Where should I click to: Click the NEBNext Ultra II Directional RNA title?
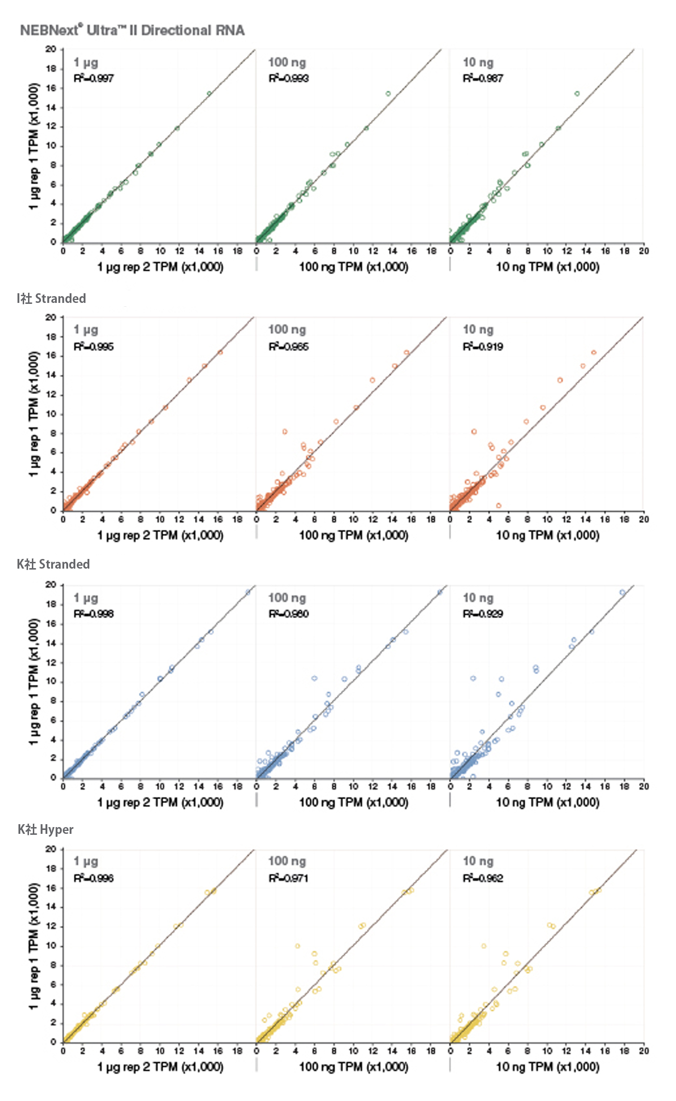pyautogui.click(x=132, y=30)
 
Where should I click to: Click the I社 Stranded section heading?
pyautogui.click(x=51, y=299)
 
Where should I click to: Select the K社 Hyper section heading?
pyautogui.click(x=45, y=829)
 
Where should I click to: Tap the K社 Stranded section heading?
pyautogui.click(x=53, y=564)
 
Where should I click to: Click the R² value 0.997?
pyautogui.click(x=94, y=78)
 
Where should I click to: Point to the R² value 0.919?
pyautogui.click(x=483, y=347)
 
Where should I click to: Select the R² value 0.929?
pyautogui.click(x=483, y=614)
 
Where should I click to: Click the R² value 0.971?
pyautogui.click(x=288, y=878)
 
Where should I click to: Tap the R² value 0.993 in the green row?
pyautogui.click(x=289, y=78)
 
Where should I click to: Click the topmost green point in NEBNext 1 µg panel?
pyautogui.click(x=209, y=93)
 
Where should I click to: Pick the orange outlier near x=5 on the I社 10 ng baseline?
pyautogui.click(x=498, y=506)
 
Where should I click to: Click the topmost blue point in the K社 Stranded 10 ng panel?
pyautogui.click(x=622, y=592)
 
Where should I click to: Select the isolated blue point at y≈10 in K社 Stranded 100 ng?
pyautogui.click(x=314, y=678)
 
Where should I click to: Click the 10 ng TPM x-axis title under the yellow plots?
pyautogui.click(x=548, y=1067)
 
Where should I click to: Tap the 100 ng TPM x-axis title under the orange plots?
pyautogui.click(x=353, y=535)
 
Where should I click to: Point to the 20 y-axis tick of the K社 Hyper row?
pyautogui.click(x=51, y=849)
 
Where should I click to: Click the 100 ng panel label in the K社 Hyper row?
pyautogui.click(x=287, y=861)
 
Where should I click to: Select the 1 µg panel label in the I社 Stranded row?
pyautogui.click(x=85, y=330)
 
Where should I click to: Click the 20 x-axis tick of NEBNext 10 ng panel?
pyautogui.click(x=644, y=251)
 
